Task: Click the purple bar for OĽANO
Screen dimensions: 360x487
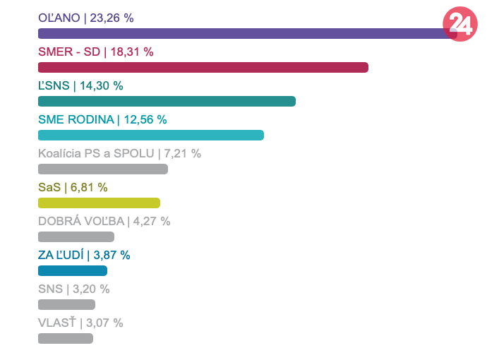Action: click(x=240, y=33)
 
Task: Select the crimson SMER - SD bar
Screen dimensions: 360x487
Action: click(x=203, y=67)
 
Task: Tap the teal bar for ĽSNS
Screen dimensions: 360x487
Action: click(x=167, y=101)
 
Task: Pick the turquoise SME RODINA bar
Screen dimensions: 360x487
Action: click(x=150, y=135)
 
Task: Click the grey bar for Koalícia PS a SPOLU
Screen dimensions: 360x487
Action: click(x=102, y=169)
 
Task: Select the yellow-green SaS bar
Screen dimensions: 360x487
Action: click(x=99, y=203)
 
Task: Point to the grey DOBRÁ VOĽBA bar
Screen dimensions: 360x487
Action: click(x=76, y=236)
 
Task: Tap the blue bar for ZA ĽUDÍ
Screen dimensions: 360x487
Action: click(x=73, y=270)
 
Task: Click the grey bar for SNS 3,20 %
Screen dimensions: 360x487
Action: click(x=66, y=304)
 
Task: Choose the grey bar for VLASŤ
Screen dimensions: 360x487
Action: click(x=66, y=338)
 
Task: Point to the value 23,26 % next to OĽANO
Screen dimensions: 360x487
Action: click(x=112, y=18)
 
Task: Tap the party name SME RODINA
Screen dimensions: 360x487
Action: click(x=76, y=119)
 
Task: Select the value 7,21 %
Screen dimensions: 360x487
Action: click(x=182, y=153)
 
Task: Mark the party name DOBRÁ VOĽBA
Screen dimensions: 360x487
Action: click(x=81, y=221)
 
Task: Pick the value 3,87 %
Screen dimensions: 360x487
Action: click(x=112, y=255)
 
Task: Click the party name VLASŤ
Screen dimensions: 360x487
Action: click(x=56, y=323)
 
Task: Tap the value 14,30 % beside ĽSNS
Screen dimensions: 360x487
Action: click(x=102, y=85)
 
